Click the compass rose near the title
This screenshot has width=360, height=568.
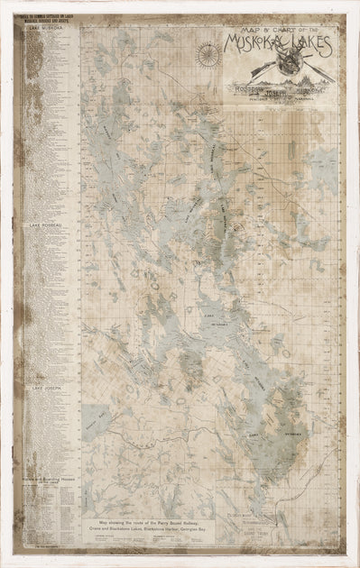click(208, 55)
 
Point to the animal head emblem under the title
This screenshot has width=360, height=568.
click(290, 67)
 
